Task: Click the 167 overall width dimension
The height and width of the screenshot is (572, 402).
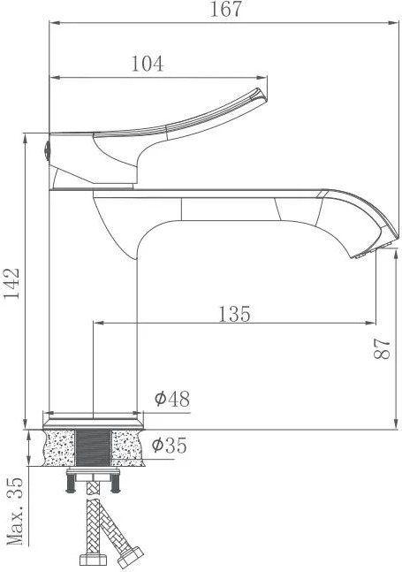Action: coord(226,9)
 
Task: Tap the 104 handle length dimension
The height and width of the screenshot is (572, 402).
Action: coord(148,64)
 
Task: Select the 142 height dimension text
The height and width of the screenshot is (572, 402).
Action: coord(11,284)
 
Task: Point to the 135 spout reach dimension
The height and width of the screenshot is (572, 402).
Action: coord(234,314)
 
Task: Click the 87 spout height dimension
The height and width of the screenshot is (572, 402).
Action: coord(382,348)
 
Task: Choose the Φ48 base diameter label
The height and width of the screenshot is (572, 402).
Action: coord(172,399)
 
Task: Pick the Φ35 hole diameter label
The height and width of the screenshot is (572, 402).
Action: coord(169,445)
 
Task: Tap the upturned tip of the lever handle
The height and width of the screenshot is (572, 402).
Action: coord(260,95)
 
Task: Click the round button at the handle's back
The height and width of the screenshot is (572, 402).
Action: coord(47,150)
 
